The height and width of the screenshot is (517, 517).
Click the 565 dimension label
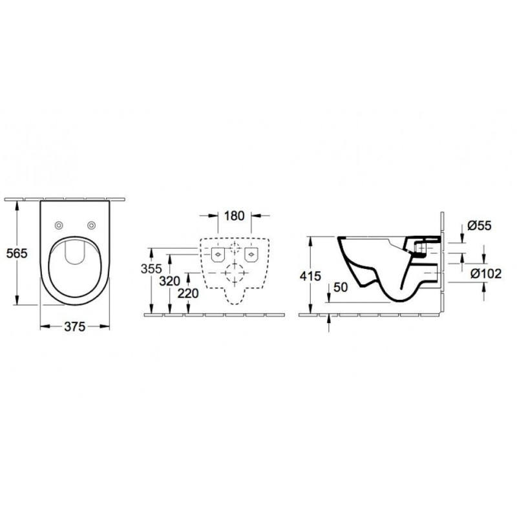pyautogui.click(x=17, y=253)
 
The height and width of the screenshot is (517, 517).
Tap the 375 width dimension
pyautogui.click(x=74, y=326)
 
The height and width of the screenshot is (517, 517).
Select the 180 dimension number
pyautogui.click(x=234, y=216)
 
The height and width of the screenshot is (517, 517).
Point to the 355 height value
pyautogui.click(x=151, y=269)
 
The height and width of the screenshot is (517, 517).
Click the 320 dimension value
pyautogui.click(x=169, y=281)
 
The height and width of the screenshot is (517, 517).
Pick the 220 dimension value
pyautogui.click(x=188, y=293)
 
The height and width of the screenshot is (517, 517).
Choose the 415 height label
pyautogui.click(x=310, y=276)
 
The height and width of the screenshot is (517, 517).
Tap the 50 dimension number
pyautogui.click(x=341, y=287)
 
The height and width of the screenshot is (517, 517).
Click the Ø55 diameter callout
pyautogui.click(x=480, y=226)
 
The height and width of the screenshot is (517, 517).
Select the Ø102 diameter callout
pyautogui.click(x=486, y=273)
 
